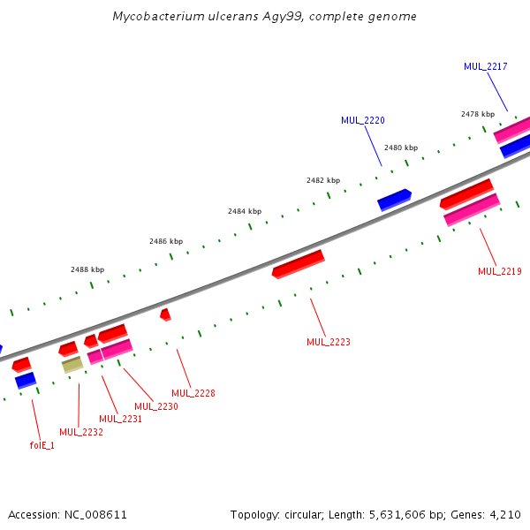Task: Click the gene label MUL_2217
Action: point(486,66)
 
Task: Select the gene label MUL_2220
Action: point(363,120)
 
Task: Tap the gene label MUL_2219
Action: point(500,271)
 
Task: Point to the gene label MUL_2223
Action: point(329,342)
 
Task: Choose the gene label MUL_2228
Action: point(193,393)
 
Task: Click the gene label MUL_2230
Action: point(156,406)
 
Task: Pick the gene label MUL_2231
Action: point(121,419)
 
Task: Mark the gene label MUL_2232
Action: point(81,432)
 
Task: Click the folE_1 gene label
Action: point(42,445)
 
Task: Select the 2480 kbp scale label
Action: point(401,148)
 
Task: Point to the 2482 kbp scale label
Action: point(323,180)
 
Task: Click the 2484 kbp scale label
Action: point(245,211)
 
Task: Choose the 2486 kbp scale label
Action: point(166,241)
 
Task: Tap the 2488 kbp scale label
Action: point(87,269)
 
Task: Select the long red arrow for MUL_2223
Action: point(299,263)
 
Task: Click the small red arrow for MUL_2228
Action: point(165,314)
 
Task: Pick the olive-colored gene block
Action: point(72,364)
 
